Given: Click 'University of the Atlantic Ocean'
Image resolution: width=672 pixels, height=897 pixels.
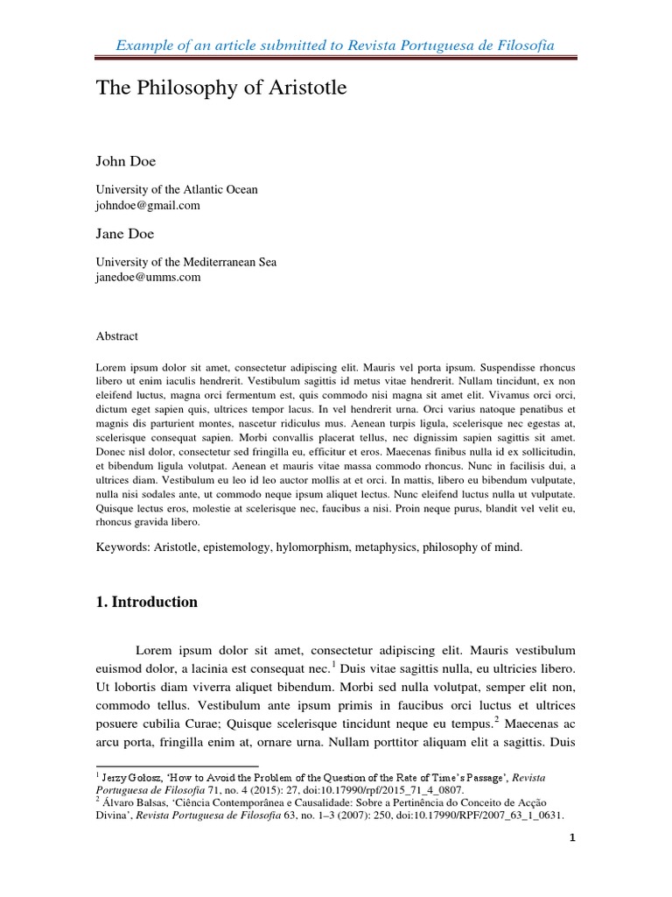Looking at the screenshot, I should pyautogui.click(x=176, y=189).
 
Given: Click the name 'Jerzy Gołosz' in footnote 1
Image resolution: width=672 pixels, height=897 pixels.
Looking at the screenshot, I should pyautogui.click(x=129, y=777).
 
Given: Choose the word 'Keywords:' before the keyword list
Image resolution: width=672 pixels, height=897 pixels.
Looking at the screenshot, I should pyautogui.click(x=122, y=547).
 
